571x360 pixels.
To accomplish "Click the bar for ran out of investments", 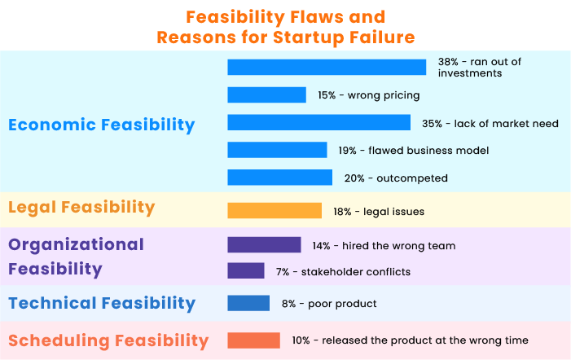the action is tap(327, 68).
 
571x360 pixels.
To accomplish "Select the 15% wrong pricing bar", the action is tap(266, 94).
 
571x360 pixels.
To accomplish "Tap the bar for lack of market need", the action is tap(319, 122).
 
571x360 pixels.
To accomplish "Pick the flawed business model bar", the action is tap(277, 150).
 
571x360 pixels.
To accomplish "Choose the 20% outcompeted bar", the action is tap(279, 178).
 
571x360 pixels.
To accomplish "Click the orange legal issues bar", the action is tap(275, 210).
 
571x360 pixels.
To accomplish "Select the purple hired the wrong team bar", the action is tap(264, 244).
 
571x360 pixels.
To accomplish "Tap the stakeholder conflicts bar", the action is tap(246, 271).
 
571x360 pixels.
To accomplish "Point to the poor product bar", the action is tap(248, 303).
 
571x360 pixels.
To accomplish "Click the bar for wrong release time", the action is tap(254, 340).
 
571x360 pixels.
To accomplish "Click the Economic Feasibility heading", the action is tap(102, 125).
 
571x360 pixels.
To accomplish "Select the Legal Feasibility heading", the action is tap(81, 208).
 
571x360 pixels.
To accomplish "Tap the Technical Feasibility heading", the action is tap(102, 304).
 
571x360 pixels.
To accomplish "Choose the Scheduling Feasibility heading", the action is tap(108, 341).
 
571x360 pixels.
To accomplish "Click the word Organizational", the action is tap(76, 245).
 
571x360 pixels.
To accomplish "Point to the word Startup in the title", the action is tap(308, 37).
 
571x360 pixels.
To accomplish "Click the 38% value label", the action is tap(448, 62).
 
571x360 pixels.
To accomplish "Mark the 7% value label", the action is tap(283, 272).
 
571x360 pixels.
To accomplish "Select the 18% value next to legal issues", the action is tap(342, 212).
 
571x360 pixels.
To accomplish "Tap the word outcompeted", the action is tap(412, 178).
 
